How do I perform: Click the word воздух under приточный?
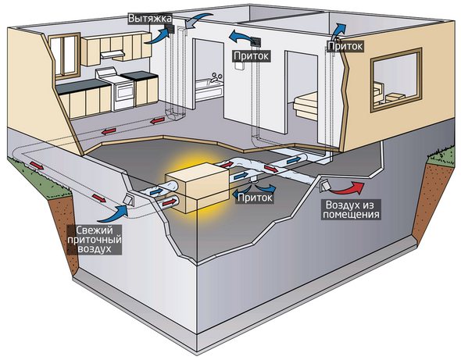(99, 251)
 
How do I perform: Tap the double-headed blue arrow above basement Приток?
(266, 187)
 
